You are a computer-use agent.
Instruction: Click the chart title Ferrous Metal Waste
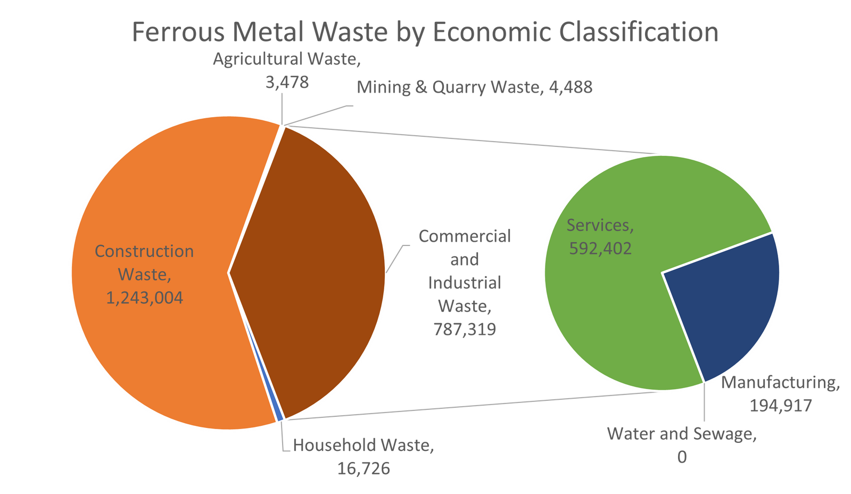click(x=425, y=32)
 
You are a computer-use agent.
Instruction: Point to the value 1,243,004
click(x=144, y=298)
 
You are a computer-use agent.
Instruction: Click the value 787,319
click(x=465, y=330)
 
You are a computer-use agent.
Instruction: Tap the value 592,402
click(x=600, y=248)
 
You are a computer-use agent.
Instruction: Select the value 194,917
click(x=781, y=406)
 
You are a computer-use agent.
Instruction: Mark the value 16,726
click(x=363, y=468)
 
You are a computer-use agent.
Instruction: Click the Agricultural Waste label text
click(x=286, y=59)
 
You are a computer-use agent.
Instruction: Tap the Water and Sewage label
click(x=682, y=434)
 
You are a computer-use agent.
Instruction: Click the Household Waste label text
click(x=363, y=445)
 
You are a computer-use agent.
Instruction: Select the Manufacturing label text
click(x=780, y=383)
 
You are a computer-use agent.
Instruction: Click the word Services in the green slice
click(x=600, y=225)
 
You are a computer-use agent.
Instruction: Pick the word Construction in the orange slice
click(x=144, y=251)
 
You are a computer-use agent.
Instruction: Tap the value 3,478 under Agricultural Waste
click(x=286, y=83)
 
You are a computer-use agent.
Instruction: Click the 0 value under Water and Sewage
click(x=682, y=458)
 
